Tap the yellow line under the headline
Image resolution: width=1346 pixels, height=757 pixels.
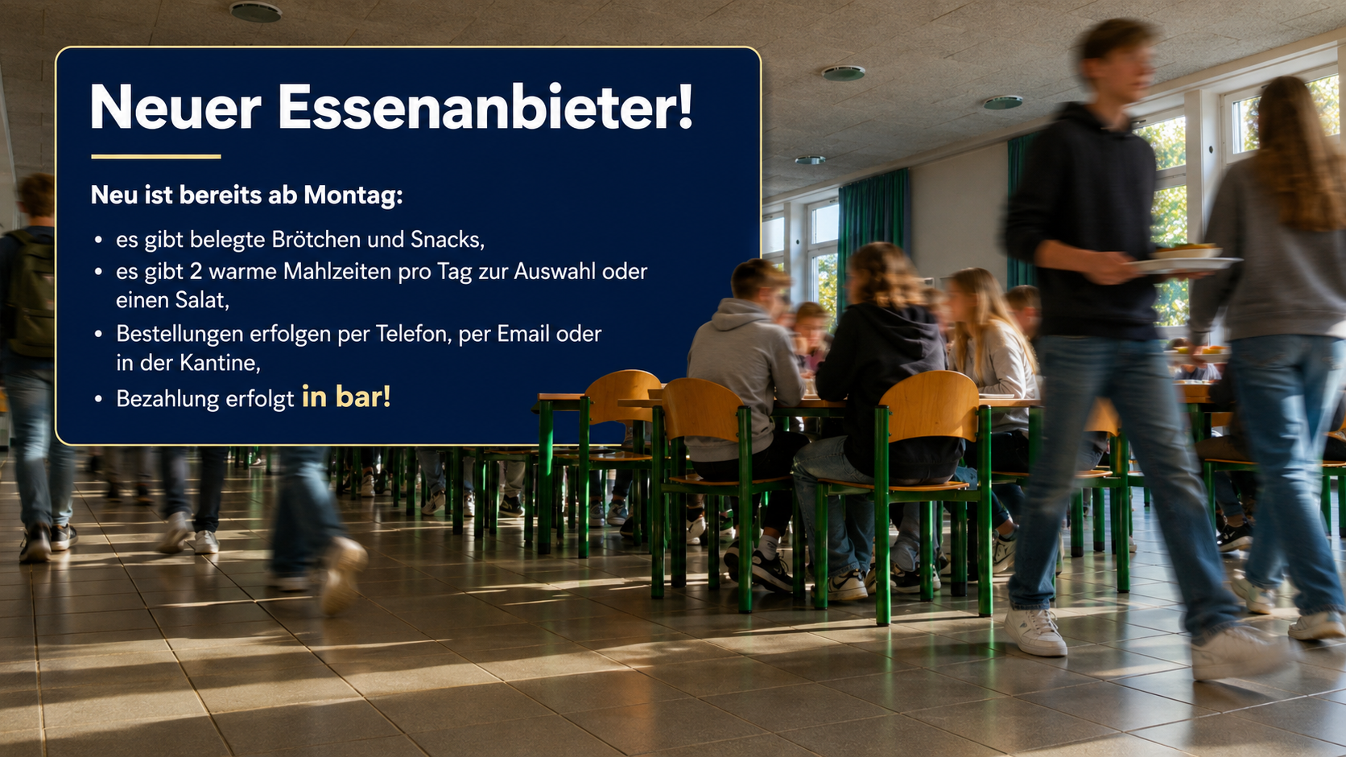pyautogui.click(x=156, y=157)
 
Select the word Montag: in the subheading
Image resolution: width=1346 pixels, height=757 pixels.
pyautogui.click(x=353, y=195)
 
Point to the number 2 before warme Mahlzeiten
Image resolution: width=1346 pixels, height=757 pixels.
pyautogui.click(x=196, y=272)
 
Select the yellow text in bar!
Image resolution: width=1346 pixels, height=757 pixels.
pyautogui.click(x=346, y=397)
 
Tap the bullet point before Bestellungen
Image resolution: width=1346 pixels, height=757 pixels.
pyautogui.click(x=98, y=335)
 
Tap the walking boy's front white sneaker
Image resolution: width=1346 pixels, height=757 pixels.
pyautogui.click(x=1034, y=632)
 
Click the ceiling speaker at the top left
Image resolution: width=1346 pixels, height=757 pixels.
pyautogui.click(x=256, y=12)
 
